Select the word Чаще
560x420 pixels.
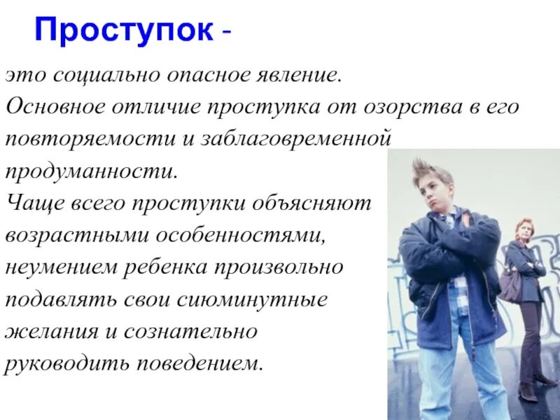[x=34, y=204]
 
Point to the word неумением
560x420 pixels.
[x=61, y=268]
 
